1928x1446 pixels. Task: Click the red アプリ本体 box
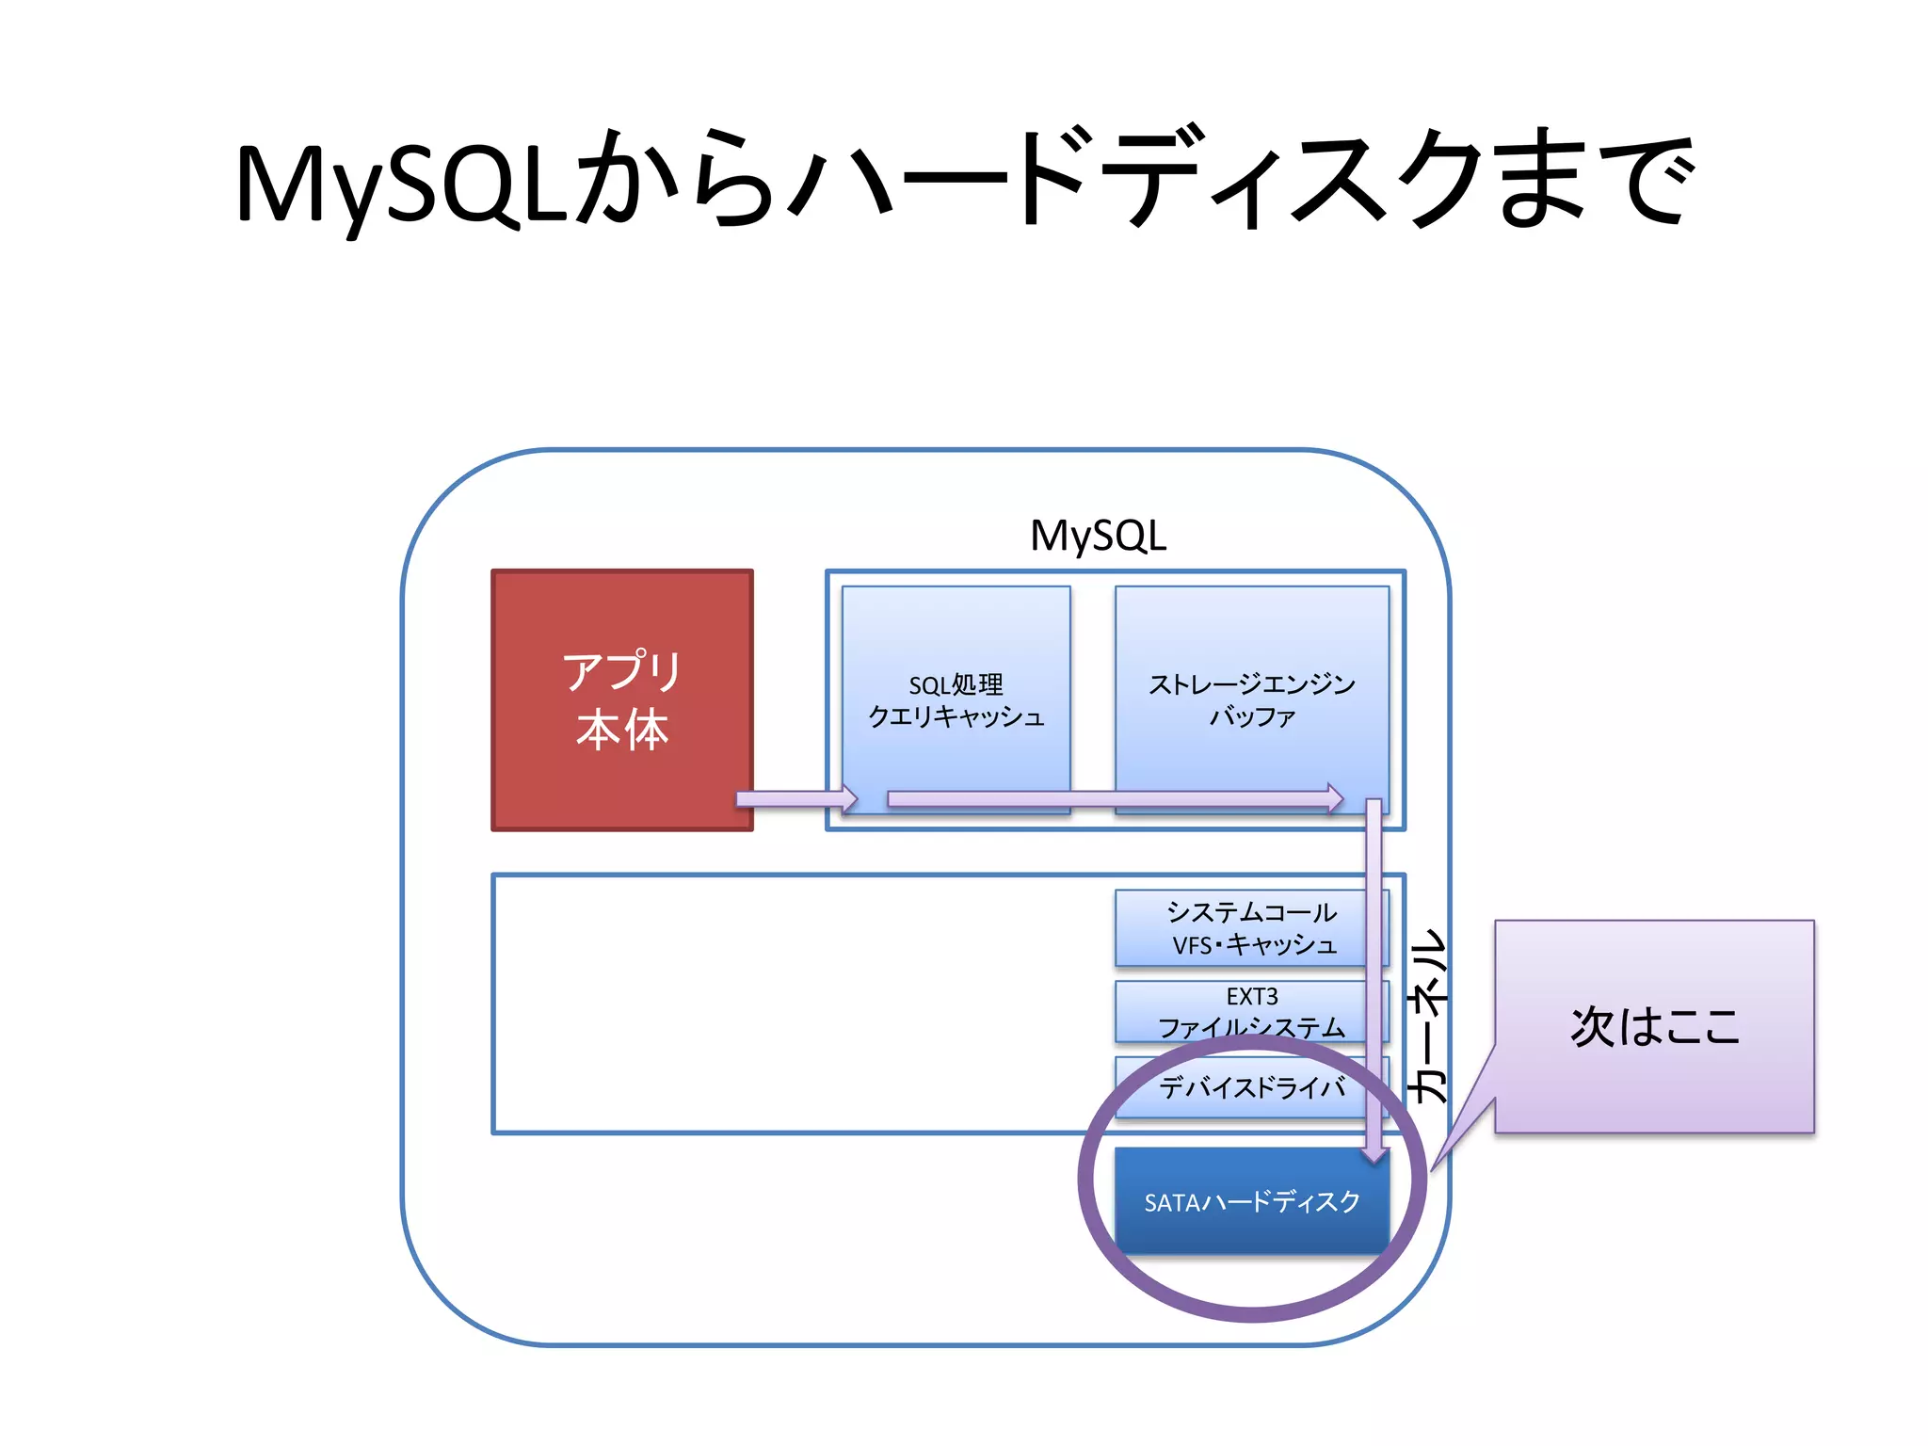pos(621,699)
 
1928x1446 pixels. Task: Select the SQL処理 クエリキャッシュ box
pos(956,699)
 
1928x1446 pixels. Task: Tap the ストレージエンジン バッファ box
pos(1251,699)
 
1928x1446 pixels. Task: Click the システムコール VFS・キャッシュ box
pos(1251,928)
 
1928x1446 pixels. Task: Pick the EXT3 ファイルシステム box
pos(1251,1010)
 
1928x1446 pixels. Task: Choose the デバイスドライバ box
pos(1251,1088)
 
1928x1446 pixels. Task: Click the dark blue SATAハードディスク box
pos(1251,1202)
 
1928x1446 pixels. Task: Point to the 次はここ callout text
pos(1654,1026)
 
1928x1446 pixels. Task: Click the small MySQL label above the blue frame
pos(1098,536)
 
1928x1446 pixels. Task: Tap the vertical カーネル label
pos(1426,1016)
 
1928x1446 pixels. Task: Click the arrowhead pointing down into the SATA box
pos(1374,1153)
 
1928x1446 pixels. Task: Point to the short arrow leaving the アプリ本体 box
pos(795,799)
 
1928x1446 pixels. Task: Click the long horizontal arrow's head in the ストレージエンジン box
pos(1334,799)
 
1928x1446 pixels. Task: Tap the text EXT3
pos(1251,996)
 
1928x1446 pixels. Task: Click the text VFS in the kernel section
pos(1192,945)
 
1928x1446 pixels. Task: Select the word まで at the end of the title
pos(1596,179)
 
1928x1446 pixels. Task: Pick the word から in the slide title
pos(673,179)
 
